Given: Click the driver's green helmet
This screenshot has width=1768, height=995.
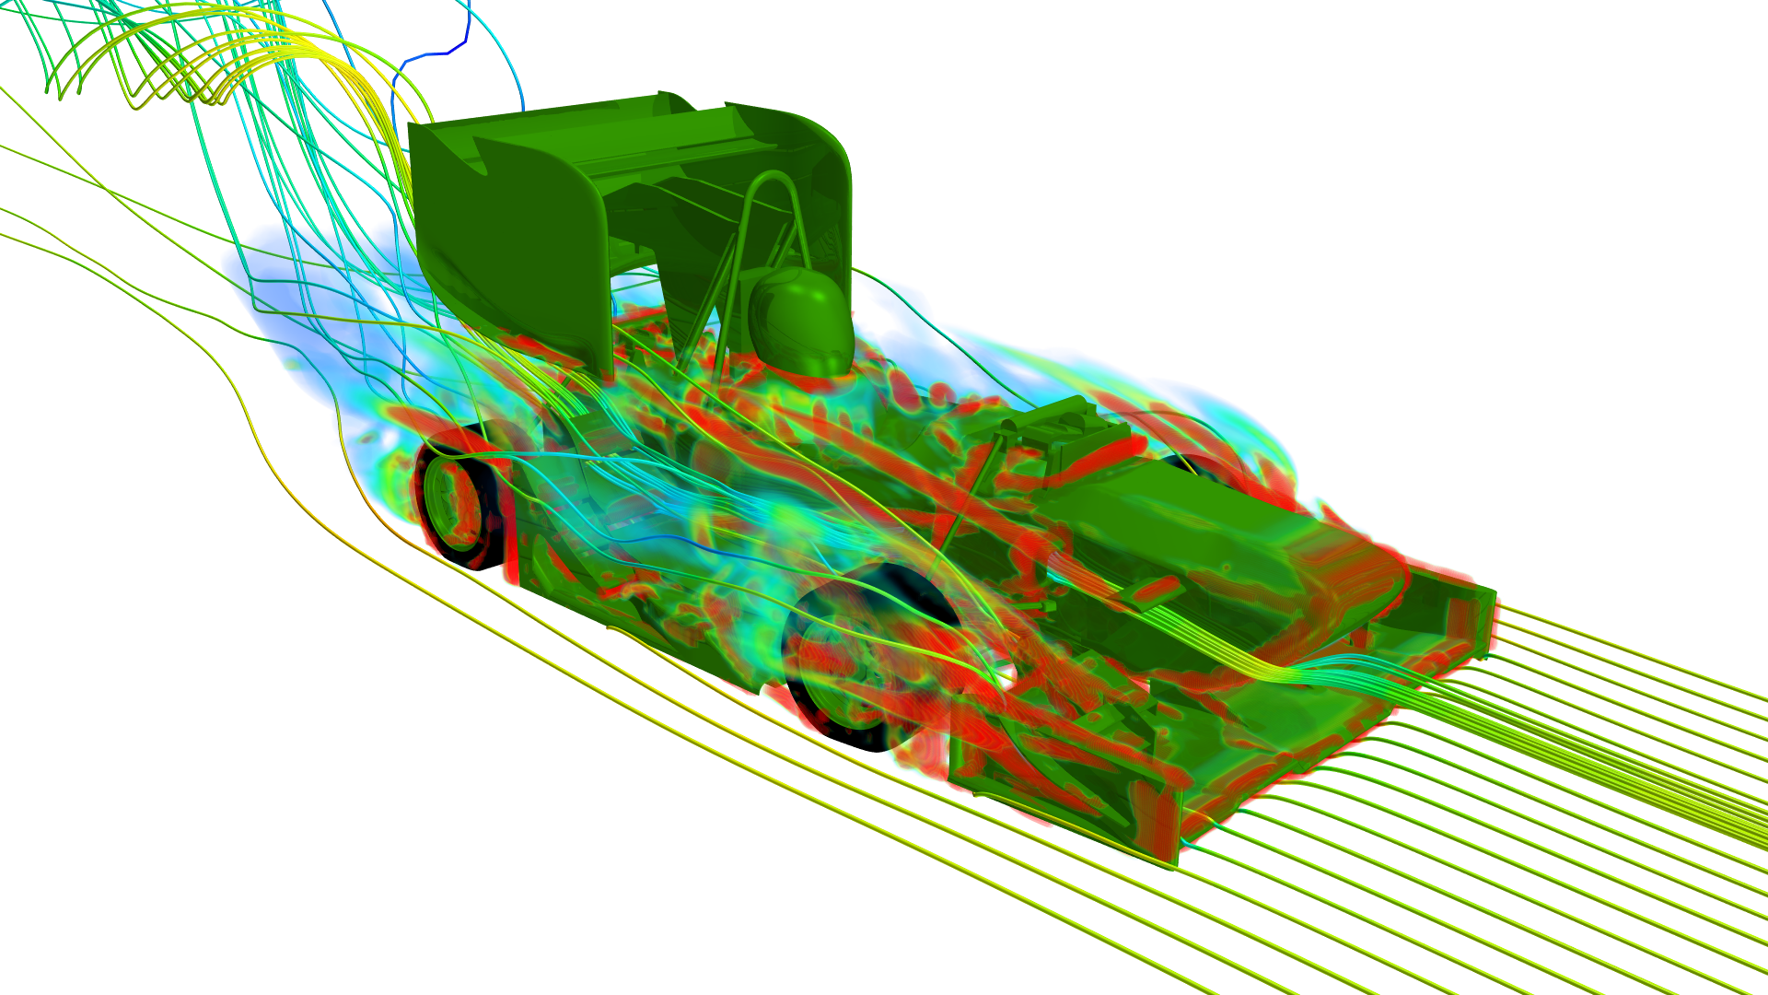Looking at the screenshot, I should click(799, 322).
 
